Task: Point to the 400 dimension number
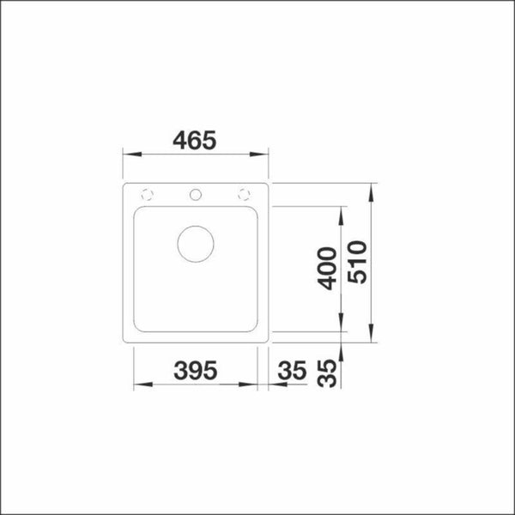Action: pos(327,269)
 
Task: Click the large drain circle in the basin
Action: pos(196,244)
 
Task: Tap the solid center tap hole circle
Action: pos(196,193)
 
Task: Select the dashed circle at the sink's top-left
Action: pos(147,192)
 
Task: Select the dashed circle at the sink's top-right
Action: pos(245,192)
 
